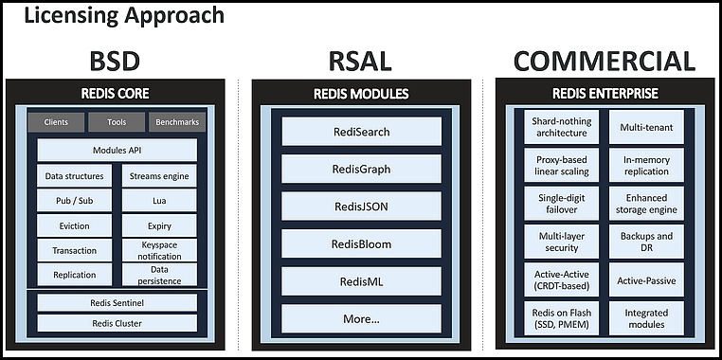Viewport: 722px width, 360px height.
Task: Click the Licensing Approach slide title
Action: tap(124, 15)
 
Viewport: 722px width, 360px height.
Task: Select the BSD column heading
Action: tap(115, 62)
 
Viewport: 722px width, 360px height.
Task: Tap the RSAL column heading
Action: tap(361, 62)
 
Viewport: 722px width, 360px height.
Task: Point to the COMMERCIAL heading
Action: tap(605, 62)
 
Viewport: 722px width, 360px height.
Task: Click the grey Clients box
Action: tap(56, 122)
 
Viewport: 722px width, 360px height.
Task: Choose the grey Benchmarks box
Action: tap(177, 122)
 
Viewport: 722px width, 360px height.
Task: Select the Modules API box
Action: tap(117, 150)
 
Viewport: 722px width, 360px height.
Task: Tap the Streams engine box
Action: tap(159, 176)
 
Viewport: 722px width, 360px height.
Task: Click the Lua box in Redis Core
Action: tap(159, 201)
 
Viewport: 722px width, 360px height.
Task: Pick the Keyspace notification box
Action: tap(159, 250)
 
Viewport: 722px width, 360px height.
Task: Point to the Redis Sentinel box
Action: tap(117, 303)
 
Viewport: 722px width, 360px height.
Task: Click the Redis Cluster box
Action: tap(117, 323)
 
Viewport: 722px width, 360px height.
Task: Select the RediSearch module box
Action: tap(361, 132)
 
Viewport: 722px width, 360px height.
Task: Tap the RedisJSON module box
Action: tap(361, 207)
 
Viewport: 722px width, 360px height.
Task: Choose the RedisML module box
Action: tap(361, 280)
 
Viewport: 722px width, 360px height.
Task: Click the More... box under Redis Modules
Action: tap(361, 318)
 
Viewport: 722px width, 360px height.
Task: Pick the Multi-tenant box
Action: tap(646, 127)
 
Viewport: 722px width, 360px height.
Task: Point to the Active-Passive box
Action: tap(646, 279)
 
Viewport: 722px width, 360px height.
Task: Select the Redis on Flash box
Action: tap(561, 318)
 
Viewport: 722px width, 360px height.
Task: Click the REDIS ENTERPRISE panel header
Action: tap(605, 94)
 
